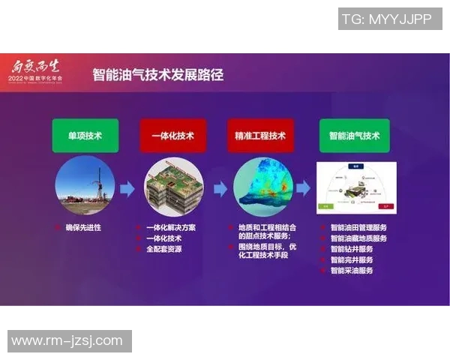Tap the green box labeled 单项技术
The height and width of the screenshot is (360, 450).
pyautogui.click(x=85, y=136)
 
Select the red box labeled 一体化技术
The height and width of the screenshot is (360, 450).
pyautogui.click(x=172, y=136)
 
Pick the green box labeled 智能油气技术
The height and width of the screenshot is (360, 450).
pyautogui.click(x=354, y=136)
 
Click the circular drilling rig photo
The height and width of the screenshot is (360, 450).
pyautogui.click(x=85, y=187)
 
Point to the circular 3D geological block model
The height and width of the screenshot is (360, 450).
pyautogui.click(x=173, y=187)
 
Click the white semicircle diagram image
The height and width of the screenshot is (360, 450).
pyautogui.click(x=355, y=187)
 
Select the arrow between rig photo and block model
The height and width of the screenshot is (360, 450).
pyautogui.click(x=127, y=188)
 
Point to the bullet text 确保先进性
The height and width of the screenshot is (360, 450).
pyautogui.click(x=82, y=227)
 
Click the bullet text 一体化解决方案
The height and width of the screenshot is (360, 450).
pyautogui.click(x=170, y=227)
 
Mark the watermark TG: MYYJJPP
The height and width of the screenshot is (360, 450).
pyautogui.click(x=389, y=19)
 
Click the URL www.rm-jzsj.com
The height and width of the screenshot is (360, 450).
pyautogui.click(x=67, y=341)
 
